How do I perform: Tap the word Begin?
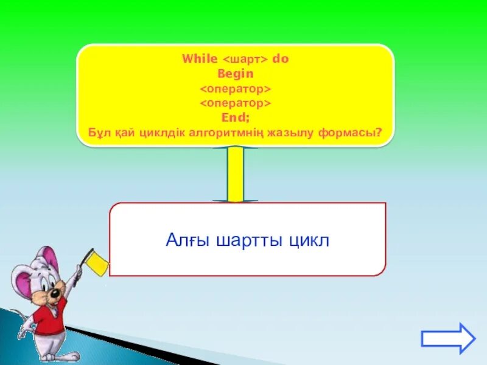coord(235,74)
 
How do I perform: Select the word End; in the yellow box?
coord(235,118)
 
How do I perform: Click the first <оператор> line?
coord(235,89)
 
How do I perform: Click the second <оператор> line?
coord(235,103)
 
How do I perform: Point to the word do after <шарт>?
coord(280,60)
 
